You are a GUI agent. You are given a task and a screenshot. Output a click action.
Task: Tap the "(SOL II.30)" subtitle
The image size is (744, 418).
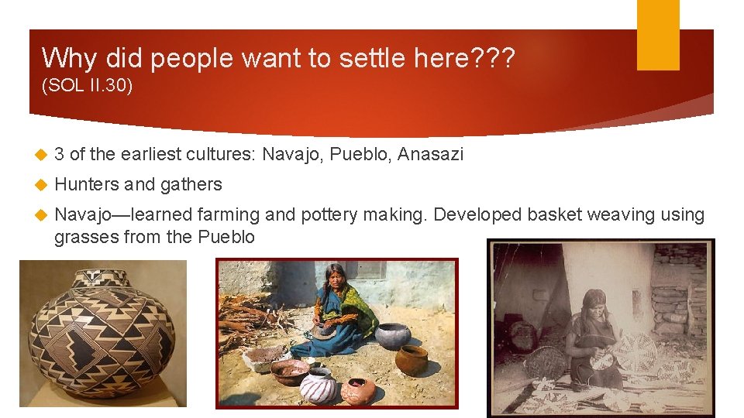[x=87, y=85]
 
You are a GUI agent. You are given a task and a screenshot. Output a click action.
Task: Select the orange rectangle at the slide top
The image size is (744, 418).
[x=658, y=34]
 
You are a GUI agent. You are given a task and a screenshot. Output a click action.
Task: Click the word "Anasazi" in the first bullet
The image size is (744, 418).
[x=430, y=155]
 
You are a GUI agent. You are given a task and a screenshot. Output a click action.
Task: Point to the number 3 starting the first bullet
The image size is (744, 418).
[x=59, y=155]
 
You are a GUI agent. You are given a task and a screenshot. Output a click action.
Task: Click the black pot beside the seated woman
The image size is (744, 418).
[x=392, y=335]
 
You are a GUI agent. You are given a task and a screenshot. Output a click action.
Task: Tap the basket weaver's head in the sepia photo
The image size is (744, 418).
[x=595, y=302]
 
